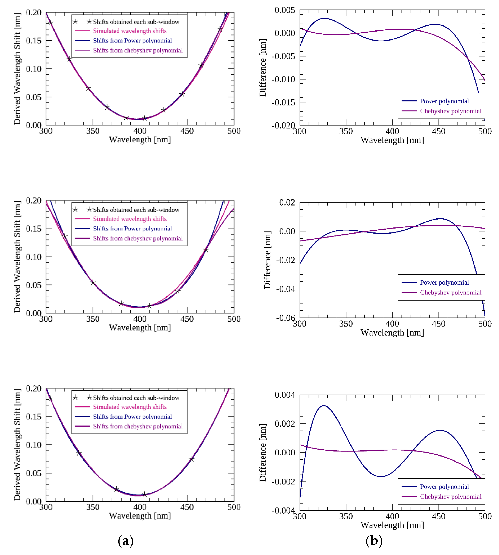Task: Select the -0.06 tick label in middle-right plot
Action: point(285,318)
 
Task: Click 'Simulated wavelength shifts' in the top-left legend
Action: point(130,31)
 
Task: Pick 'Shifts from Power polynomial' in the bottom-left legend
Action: point(132,417)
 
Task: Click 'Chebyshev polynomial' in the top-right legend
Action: point(451,111)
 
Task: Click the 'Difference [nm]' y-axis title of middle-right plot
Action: point(267,260)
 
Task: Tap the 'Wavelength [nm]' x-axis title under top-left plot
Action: point(140,140)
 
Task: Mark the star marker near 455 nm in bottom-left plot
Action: point(192,459)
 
